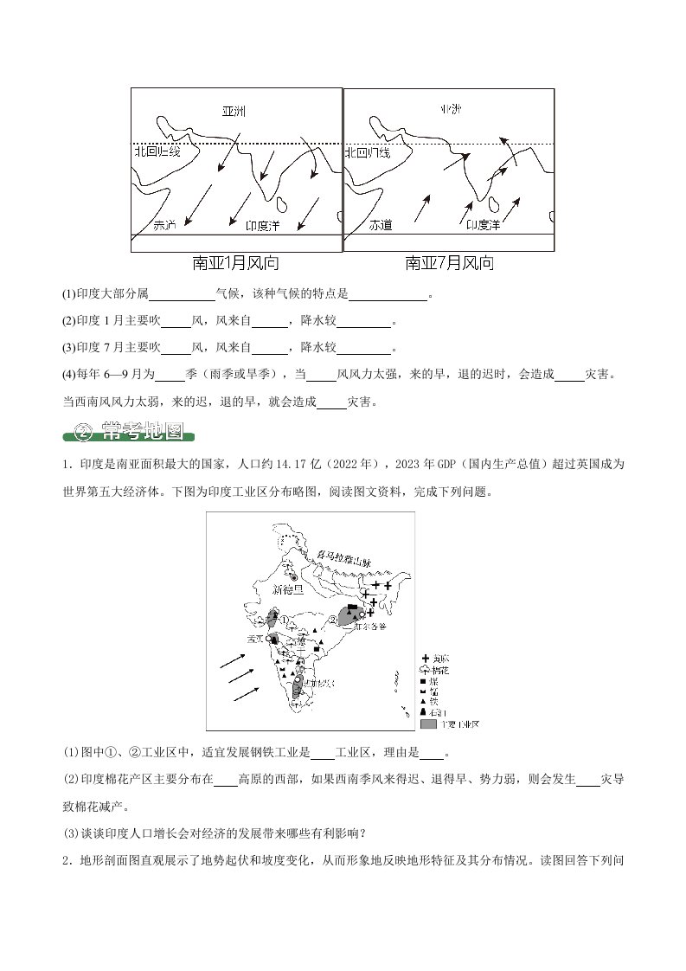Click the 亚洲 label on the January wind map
[234, 112]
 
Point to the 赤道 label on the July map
[381, 225]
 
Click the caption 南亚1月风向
[235, 262]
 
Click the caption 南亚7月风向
[450, 262]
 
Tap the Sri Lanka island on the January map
[282, 204]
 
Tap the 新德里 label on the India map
[288, 589]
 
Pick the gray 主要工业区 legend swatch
[428, 723]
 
